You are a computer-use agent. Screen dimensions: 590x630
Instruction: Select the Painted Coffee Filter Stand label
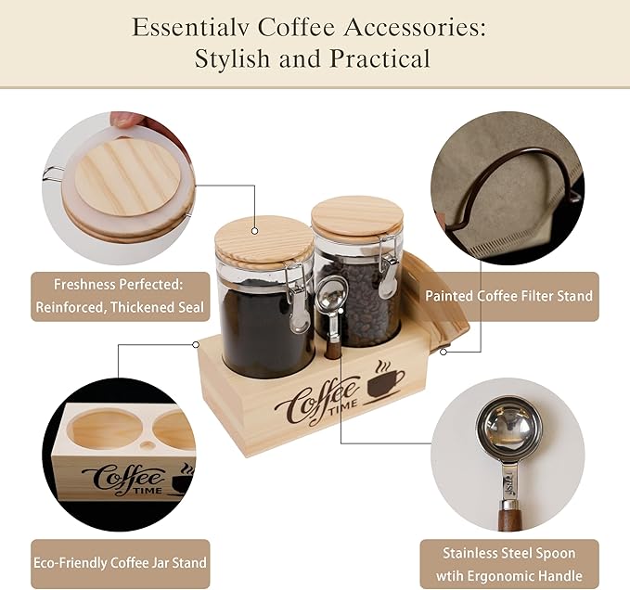508,296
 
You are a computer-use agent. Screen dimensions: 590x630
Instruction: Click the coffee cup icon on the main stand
385,381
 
